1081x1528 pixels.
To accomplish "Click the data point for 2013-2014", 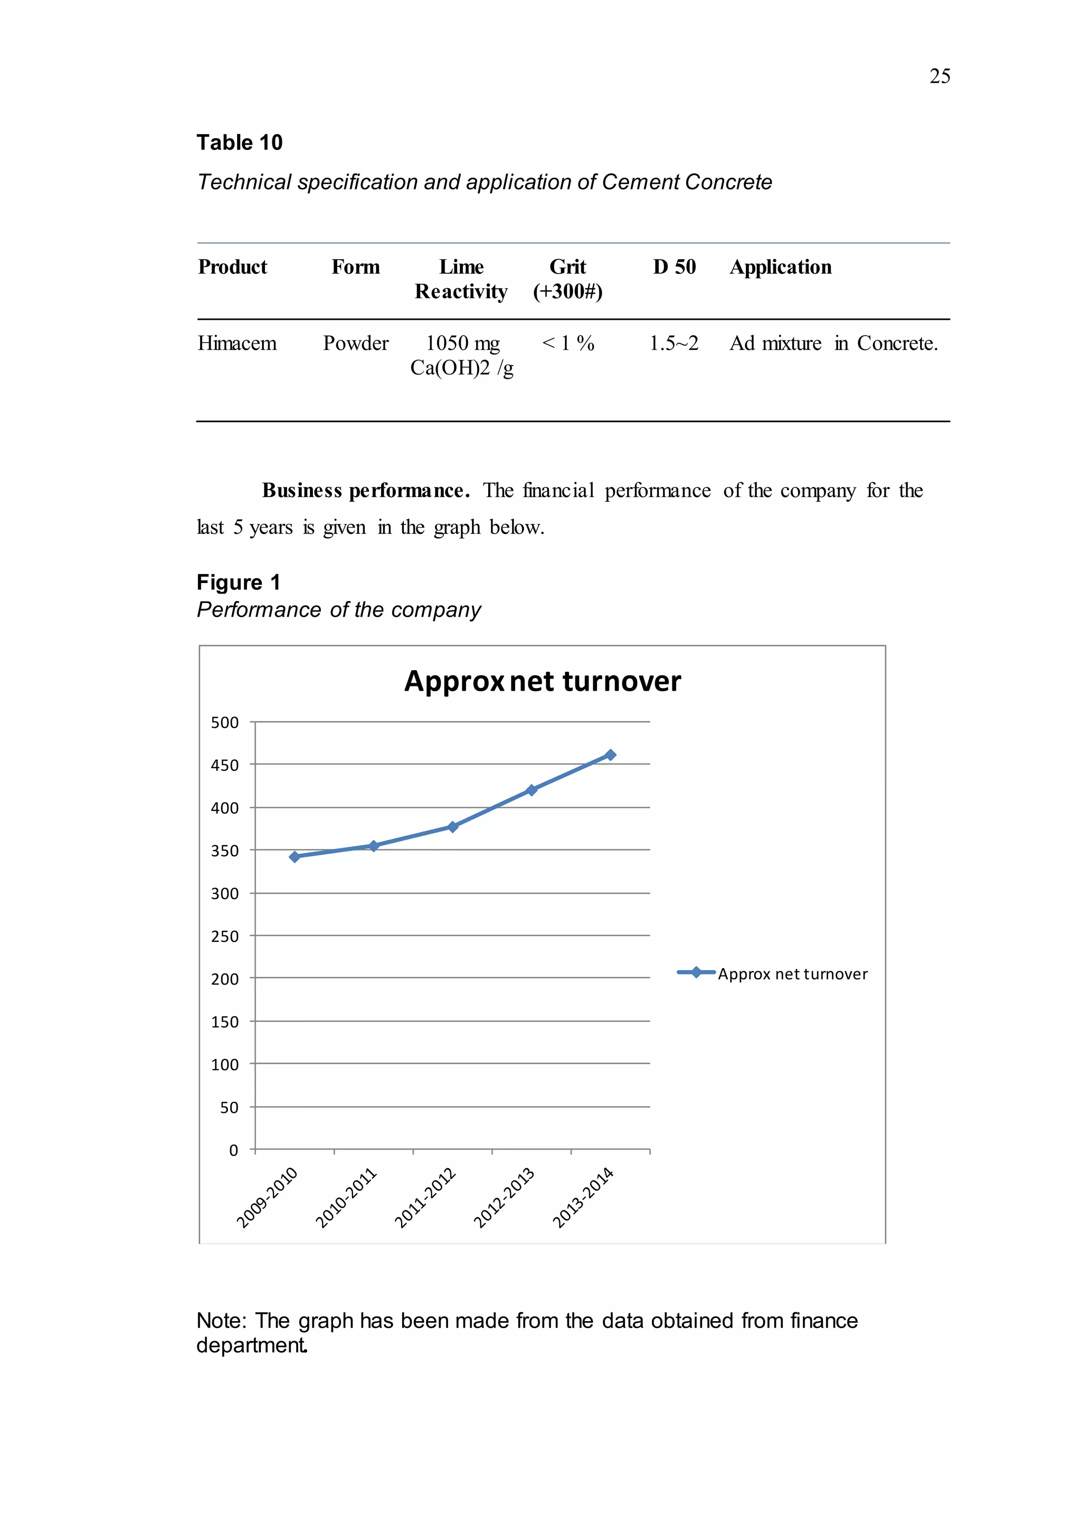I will coord(610,755).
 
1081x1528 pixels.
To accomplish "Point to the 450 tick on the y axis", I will coord(225,766).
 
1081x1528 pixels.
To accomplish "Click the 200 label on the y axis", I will coord(225,979).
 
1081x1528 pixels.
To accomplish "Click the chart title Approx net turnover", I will coord(543,682).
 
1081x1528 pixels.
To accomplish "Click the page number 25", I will coord(939,76).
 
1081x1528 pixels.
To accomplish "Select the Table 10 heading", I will coord(240,142).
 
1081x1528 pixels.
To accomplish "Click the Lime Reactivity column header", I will coord(461,279).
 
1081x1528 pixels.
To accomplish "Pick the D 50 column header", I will coord(674,267).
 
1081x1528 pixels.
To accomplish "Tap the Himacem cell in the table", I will coord(237,343).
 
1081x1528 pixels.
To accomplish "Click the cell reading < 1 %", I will coord(568,343).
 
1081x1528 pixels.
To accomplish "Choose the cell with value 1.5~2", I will coord(674,343).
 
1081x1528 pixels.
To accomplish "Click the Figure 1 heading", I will coord(238,582).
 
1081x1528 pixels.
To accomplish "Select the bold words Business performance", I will coord(365,491).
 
